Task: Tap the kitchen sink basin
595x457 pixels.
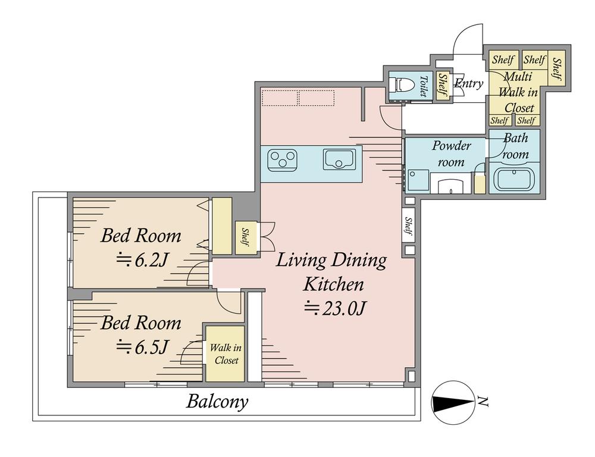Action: point(339,159)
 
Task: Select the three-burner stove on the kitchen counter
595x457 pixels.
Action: point(282,159)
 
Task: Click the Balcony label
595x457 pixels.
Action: point(217,402)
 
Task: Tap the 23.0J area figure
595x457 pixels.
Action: point(334,309)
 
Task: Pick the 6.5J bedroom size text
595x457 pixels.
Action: point(142,346)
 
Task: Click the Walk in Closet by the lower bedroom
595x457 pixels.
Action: point(225,353)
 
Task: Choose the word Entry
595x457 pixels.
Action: point(469,83)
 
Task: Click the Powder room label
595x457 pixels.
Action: point(451,154)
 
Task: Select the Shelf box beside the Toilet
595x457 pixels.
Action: point(443,86)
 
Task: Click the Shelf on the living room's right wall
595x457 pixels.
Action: point(409,226)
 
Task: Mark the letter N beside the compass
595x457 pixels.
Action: point(483,401)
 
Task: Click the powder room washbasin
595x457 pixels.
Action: point(451,186)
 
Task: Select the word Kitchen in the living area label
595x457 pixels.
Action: point(334,284)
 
